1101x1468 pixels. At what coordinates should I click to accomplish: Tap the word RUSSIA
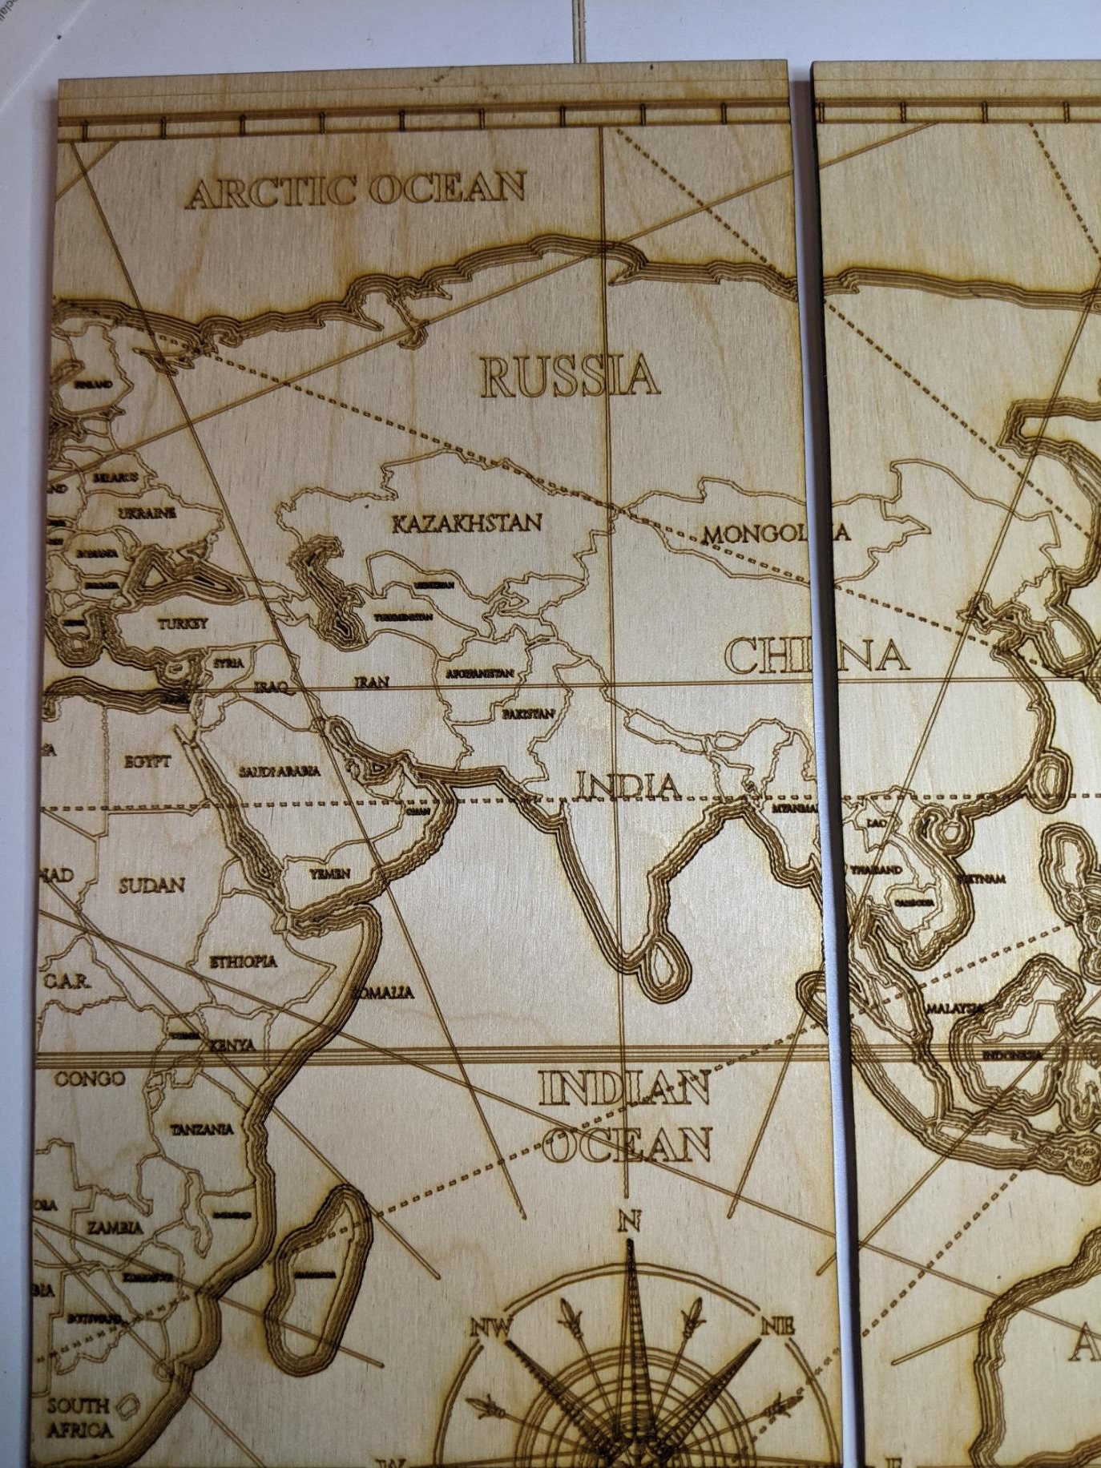tap(570, 377)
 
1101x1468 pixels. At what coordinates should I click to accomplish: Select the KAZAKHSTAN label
tap(466, 523)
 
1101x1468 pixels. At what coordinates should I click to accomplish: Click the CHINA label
tap(817, 655)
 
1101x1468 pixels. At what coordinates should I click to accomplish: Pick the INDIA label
tap(628, 786)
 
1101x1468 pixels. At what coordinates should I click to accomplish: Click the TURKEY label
tap(182, 623)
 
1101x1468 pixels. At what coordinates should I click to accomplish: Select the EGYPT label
tap(147, 761)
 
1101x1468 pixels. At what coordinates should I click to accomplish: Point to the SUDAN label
tap(151, 885)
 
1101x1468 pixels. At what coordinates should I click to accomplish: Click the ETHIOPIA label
tap(243, 962)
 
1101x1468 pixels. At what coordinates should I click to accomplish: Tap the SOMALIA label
tap(383, 993)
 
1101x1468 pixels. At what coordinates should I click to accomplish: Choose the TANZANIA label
tap(202, 1129)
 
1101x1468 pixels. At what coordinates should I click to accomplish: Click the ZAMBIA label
tap(115, 1227)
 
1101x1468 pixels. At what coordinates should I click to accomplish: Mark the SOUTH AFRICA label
tap(79, 1418)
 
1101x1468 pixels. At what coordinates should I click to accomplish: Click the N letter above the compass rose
tap(629, 1221)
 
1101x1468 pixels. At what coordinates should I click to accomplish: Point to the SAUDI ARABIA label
tap(279, 771)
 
